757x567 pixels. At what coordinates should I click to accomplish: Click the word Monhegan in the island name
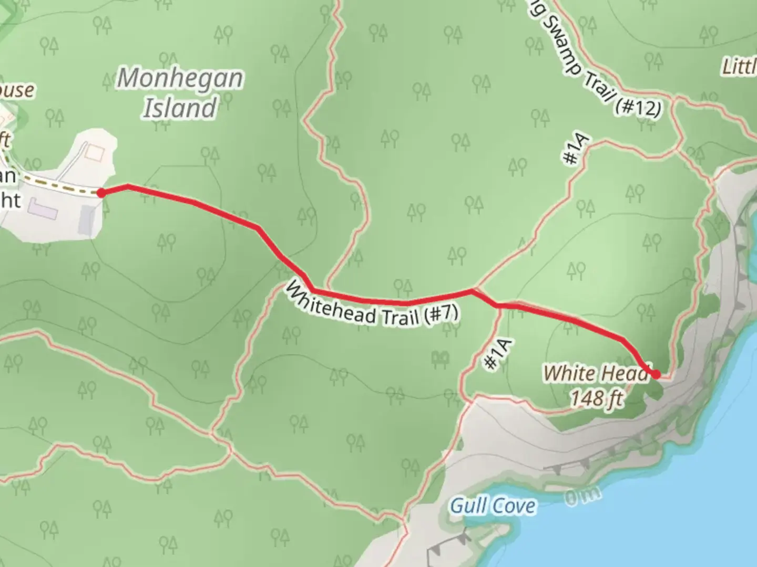pos(180,79)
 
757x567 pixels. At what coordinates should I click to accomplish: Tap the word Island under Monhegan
pos(180,108)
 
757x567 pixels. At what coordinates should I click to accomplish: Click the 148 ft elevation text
pos(597,398)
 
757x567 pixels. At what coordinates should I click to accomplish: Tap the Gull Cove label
pos(493,506)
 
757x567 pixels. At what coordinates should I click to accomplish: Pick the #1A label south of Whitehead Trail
pos(497,354)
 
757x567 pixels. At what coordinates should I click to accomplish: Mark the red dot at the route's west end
pos(100,193)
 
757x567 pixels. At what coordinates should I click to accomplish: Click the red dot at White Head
pos(656,374)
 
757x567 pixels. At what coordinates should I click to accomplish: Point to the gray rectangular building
pos(87,219)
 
